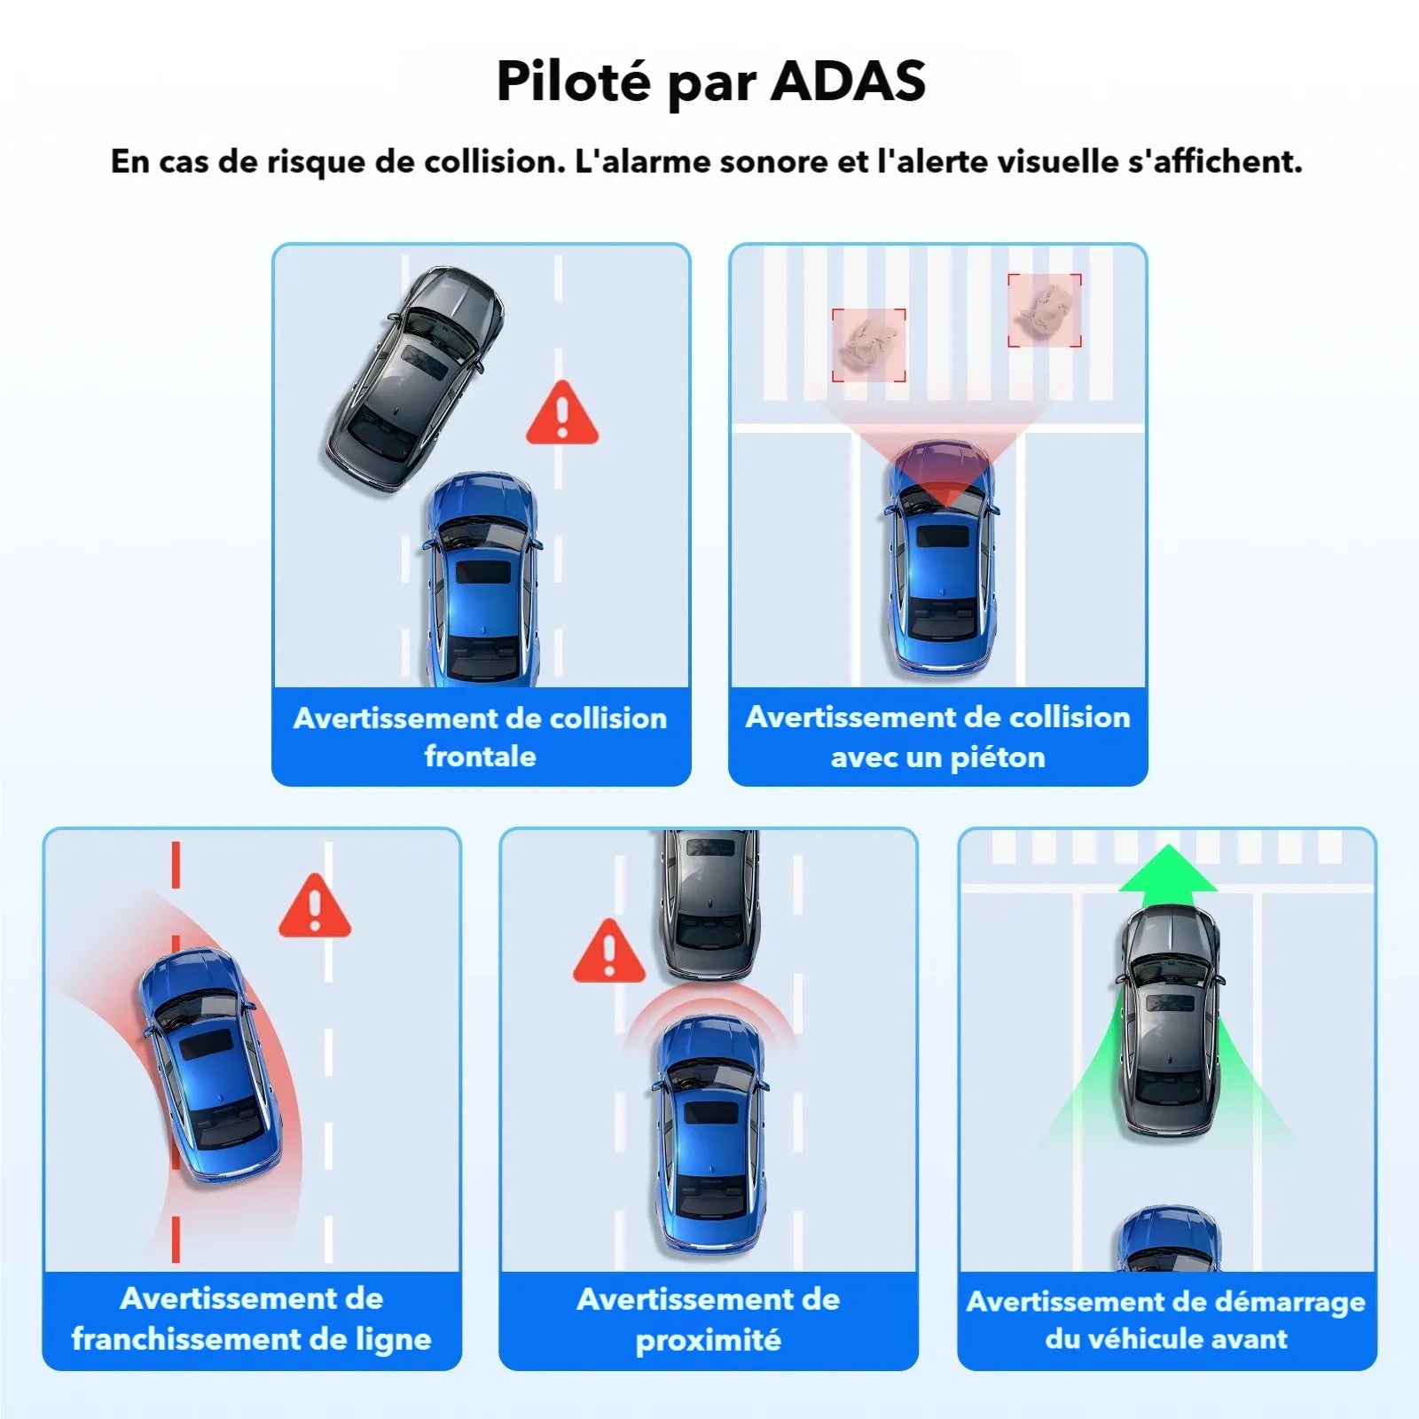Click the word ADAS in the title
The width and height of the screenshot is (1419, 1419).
[848, 82]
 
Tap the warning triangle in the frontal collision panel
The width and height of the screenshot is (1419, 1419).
[562, 414]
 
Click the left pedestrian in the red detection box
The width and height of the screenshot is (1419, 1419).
[868, 345]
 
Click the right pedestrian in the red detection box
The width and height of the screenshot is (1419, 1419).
[1045, 310]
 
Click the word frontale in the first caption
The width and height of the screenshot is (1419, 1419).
[480, 757]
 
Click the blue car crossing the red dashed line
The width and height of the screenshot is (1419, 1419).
[209, 1064]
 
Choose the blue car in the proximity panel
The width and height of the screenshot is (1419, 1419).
[709, 1135]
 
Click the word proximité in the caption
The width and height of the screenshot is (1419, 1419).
[708, 1339]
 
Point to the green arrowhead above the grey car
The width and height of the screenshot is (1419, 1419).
[1168, 869]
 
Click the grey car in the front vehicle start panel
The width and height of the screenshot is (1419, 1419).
[1169, 1020]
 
